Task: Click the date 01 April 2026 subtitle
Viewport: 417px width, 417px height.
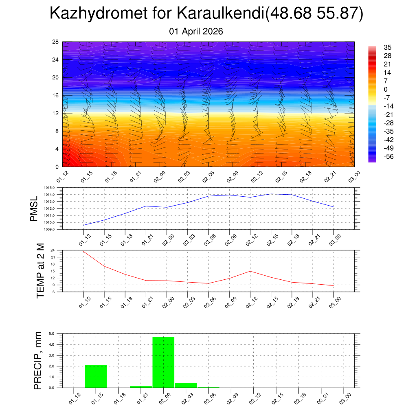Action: tap(196, 31)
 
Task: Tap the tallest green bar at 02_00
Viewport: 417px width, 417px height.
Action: tap(163, 362)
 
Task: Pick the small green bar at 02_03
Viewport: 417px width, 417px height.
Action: tap(186, 385)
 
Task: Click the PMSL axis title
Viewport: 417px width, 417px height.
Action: tap(34, 208)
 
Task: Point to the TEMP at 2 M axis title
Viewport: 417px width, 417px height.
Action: tap(40, 271)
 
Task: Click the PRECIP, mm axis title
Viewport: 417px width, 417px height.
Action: tap(38, 361)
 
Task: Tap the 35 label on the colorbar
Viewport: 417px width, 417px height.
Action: tap(388, 48)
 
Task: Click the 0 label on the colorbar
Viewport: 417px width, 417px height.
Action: tap(386, 89)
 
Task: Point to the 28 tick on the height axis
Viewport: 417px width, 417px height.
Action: tap(55, 42)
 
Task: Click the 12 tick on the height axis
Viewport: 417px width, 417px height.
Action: tap(55, 113)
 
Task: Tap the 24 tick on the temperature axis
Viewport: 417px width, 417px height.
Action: tap(53, 250)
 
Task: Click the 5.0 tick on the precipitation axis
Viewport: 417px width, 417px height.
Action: tap(52, 334)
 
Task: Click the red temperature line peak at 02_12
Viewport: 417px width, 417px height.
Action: tap(250, 271)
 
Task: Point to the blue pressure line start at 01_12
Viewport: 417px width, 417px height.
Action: tap(83, 225)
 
